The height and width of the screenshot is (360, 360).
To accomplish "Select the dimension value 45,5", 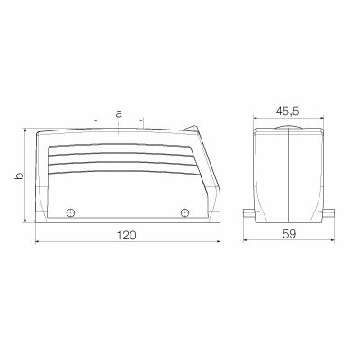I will pos(288,112).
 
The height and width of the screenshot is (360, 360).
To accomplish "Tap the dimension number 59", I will pos(288,234).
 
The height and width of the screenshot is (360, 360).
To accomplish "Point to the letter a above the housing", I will pos(118,113).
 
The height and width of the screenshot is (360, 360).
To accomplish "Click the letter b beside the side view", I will pos(18,175).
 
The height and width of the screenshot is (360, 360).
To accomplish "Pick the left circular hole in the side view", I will pos(70,212).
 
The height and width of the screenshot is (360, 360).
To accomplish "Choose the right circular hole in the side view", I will pos(184,212).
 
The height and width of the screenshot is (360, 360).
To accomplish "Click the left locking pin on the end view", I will pos(247,214).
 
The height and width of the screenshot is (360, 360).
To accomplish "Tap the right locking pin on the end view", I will pos(329,214).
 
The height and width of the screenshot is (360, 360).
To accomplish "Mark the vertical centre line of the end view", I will pos(289,180).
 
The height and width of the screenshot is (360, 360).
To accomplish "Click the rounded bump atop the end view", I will pos(289,130).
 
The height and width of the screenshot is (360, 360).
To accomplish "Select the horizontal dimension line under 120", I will pos(126,243).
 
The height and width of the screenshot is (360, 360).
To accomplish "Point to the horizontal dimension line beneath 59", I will pos(288,243).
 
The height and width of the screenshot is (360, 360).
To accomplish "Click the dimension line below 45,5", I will pos(288,121).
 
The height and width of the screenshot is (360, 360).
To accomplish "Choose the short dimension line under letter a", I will pos(118,122).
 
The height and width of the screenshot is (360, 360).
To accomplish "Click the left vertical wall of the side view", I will pos(36,180).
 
